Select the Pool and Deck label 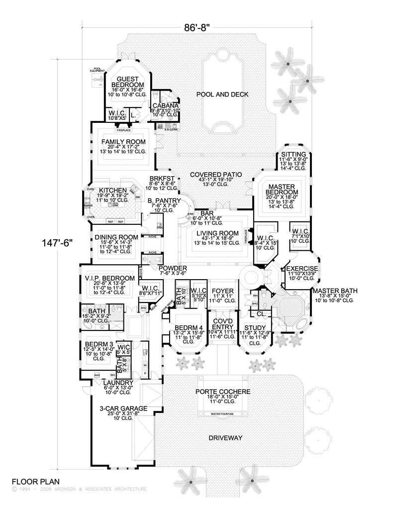[x=221, y=94]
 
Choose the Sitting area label [x=290, y=154]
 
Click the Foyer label [x=219, y=290]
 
